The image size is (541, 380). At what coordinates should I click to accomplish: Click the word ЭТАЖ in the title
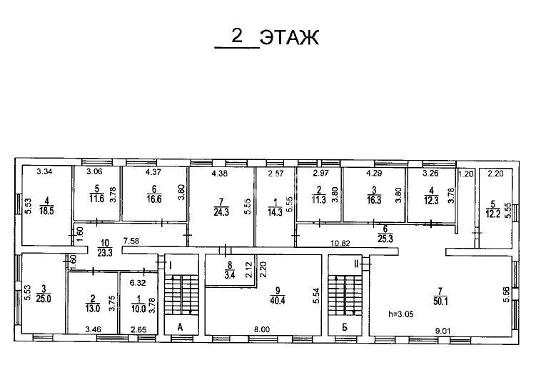click(289, 37)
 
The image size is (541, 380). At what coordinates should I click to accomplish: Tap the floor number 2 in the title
click(237, 36)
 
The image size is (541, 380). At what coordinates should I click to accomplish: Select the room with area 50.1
click(440, 296)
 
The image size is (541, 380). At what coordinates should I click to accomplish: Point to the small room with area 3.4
click(230, 270)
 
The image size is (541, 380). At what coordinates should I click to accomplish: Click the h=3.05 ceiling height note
click(400, 314)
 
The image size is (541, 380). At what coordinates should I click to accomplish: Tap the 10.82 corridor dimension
click(340, 243)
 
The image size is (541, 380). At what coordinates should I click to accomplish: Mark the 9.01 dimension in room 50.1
click(443, 331)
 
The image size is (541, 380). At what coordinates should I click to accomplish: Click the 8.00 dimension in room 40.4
click(262, 329)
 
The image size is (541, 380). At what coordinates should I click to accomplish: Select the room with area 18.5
click(46, 206)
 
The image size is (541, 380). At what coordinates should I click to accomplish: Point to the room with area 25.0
click(44, 294)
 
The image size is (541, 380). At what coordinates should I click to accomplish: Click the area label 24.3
click(221, 211)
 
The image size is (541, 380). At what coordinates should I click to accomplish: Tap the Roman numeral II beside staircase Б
click(356, 264)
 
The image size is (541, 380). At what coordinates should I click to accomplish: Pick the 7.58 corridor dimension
click(131, 241)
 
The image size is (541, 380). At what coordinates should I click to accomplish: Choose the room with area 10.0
click(138, 304)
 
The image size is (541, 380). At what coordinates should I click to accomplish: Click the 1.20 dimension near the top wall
click(466, 174)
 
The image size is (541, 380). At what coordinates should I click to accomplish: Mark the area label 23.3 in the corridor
click(105, 253)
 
